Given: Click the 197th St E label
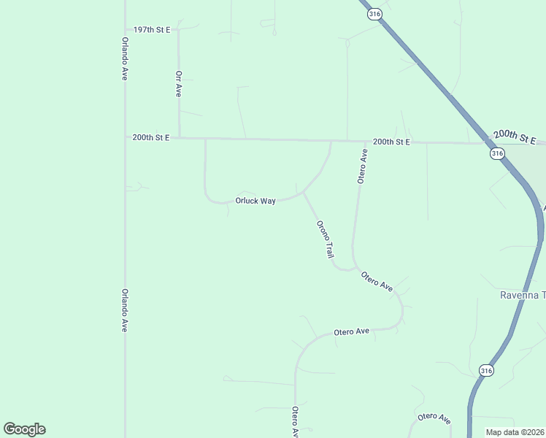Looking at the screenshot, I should coord(151,30).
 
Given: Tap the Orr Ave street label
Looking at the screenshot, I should coord(178,84).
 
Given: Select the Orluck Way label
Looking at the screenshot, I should coord(255,201).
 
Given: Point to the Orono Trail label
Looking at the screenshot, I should coord(325,239).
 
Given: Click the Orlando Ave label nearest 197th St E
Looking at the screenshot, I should coord(125,58).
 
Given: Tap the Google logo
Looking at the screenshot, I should coord(24,429).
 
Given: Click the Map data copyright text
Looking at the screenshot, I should coord(515,432).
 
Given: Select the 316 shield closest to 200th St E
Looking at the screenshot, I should coord(497,153).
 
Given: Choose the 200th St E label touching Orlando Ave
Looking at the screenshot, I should coord(151,137).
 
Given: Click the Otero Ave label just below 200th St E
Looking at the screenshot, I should coord(362,166).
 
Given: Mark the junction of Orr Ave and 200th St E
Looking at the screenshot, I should coord(179,137).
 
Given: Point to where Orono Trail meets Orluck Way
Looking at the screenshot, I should coord(303,193).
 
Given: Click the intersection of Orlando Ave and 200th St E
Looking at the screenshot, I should coord(125,137).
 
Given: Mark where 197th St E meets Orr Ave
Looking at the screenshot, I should coord(178,30).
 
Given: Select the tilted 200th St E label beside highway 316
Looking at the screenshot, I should coord(514,137).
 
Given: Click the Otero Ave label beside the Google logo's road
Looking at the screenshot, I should coord(295,422).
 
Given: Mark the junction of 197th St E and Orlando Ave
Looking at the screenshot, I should coord(125,30).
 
